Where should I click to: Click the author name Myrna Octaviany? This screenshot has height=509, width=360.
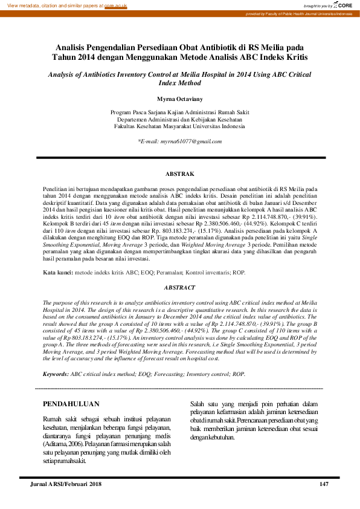coord(179,97)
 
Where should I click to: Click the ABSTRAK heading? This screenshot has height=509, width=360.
coord(179,174)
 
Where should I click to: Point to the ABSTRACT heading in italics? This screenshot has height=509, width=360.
coord(180,288)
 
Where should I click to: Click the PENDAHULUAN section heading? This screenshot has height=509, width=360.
coord(71,404)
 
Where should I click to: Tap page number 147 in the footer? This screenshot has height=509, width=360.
coord(324,484)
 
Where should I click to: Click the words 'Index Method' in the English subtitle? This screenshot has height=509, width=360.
coord(179,83)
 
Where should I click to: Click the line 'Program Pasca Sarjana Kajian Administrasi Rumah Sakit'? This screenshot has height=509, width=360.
coord(179,112)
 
